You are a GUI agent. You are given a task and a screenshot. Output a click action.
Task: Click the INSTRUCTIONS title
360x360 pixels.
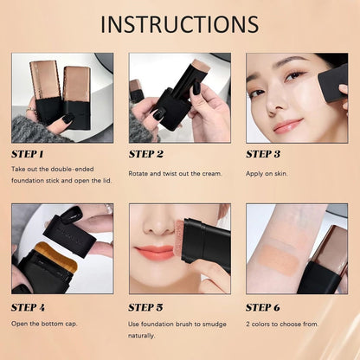tap(179, 23)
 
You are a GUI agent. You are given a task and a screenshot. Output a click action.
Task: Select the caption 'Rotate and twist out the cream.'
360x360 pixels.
tap(176, 173)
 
